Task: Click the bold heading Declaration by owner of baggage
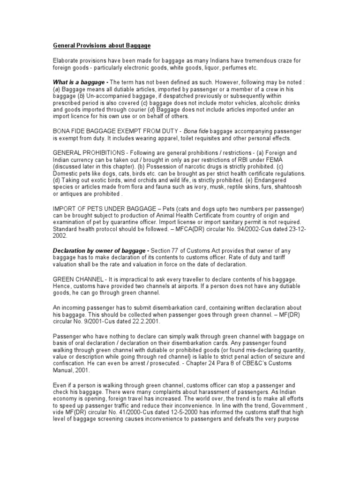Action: pyautogui.click(x=100, y=252)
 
